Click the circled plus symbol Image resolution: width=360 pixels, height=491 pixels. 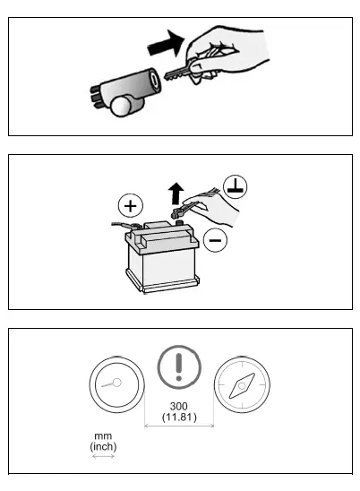point(131,206)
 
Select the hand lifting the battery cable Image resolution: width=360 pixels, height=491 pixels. point(220,213)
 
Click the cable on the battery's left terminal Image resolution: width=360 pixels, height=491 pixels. point(123,228)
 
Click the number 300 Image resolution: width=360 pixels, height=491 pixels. point(179,406)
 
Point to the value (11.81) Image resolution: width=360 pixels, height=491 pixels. point(179,417)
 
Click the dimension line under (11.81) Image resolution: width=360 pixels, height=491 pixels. point(179,426)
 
